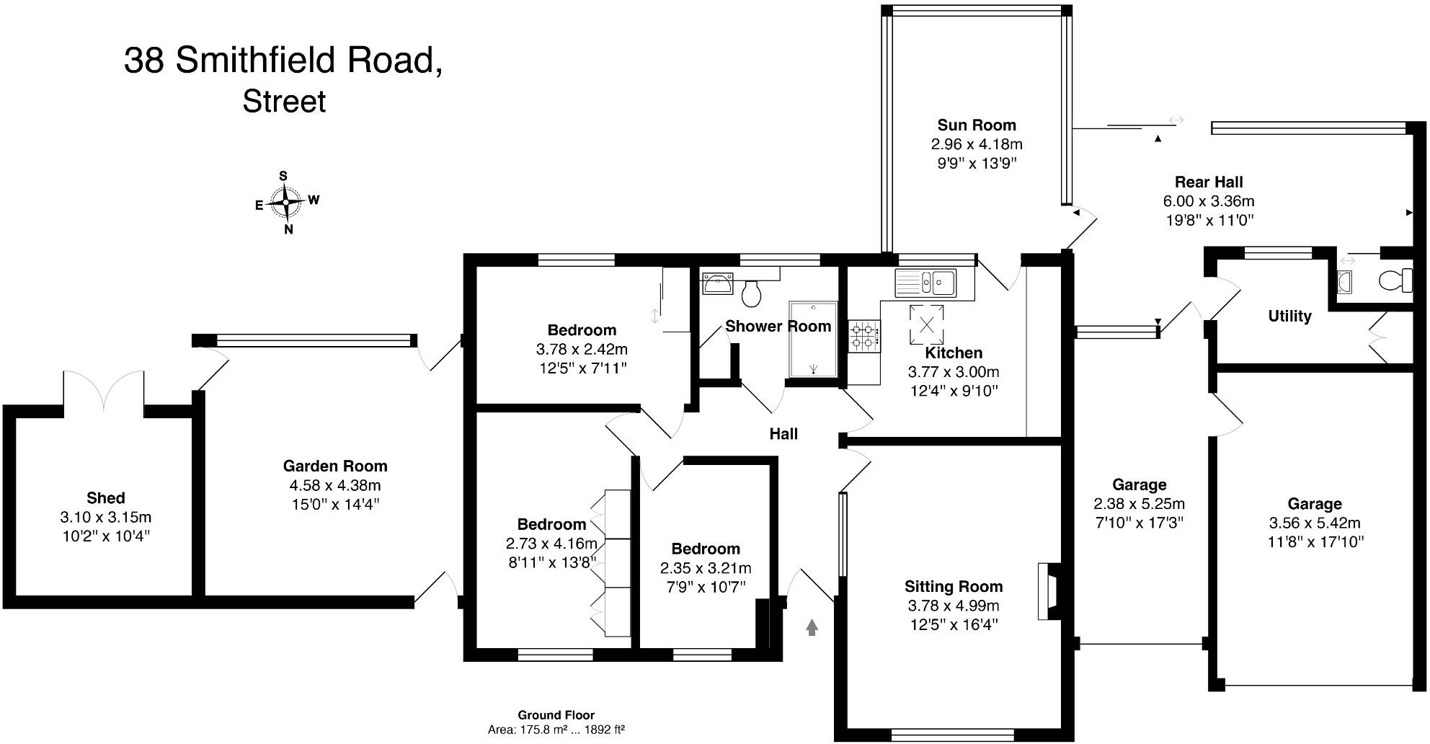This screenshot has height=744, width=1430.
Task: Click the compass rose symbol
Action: tap(286, 203)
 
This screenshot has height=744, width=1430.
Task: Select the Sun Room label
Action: tap(977, 125)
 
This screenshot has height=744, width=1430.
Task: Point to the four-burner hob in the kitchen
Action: tap(864, 336)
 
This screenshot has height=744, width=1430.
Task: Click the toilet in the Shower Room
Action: tap(752, 293)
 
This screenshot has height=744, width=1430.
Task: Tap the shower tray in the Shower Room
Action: tap(813, 339)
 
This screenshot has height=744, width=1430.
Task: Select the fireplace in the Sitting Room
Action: tap(1047, 591)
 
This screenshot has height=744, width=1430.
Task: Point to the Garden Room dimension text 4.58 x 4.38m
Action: tap(335, 485)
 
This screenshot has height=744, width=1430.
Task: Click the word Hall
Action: tap(783, 433)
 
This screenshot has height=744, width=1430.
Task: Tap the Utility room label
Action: tap(1289, 316)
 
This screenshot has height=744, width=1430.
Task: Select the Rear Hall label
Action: tap(1209, 182)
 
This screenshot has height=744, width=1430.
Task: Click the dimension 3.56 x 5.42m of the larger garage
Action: tap(1315, 523)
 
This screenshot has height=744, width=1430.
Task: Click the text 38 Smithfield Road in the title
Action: tap(283, 60)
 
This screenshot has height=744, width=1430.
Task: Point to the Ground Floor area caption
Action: tap(556, 722)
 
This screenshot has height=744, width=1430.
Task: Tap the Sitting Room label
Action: tap(954, 586)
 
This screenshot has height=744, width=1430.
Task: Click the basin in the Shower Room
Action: tap(718, 284)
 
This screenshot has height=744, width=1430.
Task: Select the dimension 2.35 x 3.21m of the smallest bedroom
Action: tap(706, 568)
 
